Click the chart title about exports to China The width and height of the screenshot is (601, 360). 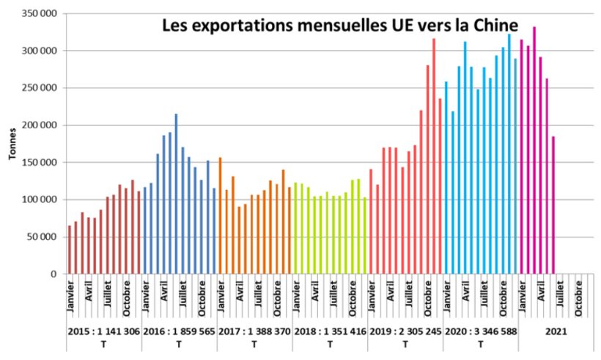point(339,27)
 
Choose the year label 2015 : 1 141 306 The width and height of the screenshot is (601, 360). point(103,331)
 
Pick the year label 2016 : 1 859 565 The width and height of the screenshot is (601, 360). point(179,331)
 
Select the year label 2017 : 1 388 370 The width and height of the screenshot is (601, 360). point(254,331)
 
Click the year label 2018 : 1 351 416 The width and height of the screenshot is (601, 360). point(329,331)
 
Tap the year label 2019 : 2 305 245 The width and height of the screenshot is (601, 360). point(405,331)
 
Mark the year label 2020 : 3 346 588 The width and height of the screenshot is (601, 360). point(480,331)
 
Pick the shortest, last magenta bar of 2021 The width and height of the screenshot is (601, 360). point(553,205)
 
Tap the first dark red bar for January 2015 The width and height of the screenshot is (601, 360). point(70,249)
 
